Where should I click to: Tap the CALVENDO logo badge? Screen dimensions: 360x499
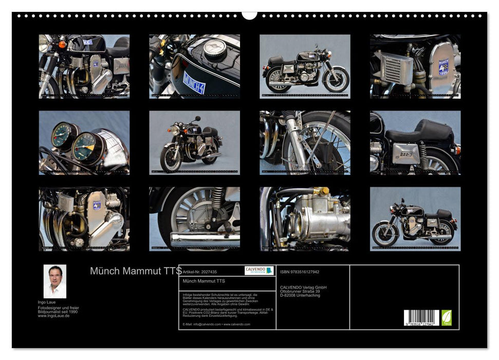click(x=259, y=271)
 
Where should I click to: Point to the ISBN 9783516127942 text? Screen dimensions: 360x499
click(x=300, y=272)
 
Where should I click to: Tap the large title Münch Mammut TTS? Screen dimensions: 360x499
click(x=135, y=271)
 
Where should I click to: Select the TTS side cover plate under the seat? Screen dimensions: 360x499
click(x=405, y=153)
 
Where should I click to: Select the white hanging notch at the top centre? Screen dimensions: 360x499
click(x=249, y=15)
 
